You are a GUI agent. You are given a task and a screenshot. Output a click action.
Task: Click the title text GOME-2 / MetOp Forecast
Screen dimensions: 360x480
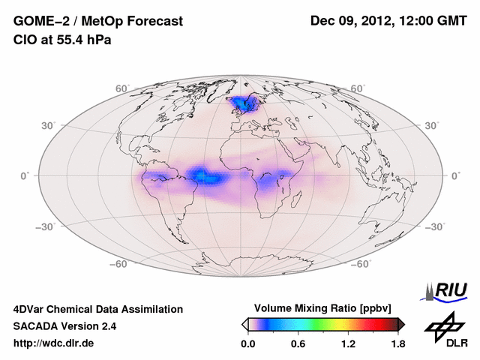[97, 22]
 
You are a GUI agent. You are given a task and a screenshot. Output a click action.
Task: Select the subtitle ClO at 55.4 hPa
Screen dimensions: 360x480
[61, 40]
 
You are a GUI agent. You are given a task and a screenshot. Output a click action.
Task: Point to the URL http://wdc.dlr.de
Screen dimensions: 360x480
[54, 343]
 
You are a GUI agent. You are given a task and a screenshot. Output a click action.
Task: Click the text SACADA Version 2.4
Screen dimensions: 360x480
[64, 326]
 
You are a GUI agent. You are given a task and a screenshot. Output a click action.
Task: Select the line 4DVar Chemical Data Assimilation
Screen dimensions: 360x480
[97, 309]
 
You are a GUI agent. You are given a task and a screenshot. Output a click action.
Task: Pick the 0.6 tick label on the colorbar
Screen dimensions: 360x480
[298, 343]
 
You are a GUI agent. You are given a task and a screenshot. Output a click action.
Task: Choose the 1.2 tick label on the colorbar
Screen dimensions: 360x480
[348, 343]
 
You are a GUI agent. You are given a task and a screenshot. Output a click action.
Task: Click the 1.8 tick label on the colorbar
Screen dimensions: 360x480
[398, 343]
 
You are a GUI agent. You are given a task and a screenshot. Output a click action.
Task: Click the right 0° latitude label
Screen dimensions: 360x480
[454, 175]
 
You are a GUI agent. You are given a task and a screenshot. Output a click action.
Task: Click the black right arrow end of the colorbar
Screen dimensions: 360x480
[401, 324]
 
